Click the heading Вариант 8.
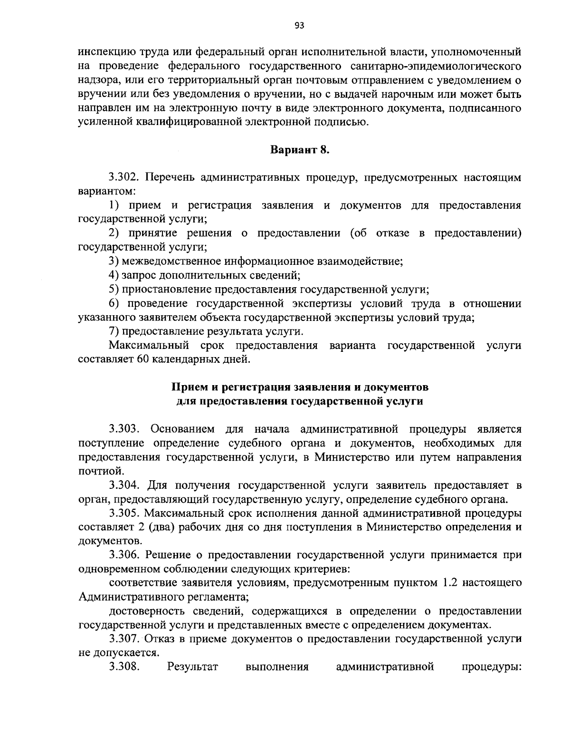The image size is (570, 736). pos(299,150)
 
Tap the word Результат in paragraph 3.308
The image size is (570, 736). pos(192,667)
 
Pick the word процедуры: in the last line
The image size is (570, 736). pos(492,667)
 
